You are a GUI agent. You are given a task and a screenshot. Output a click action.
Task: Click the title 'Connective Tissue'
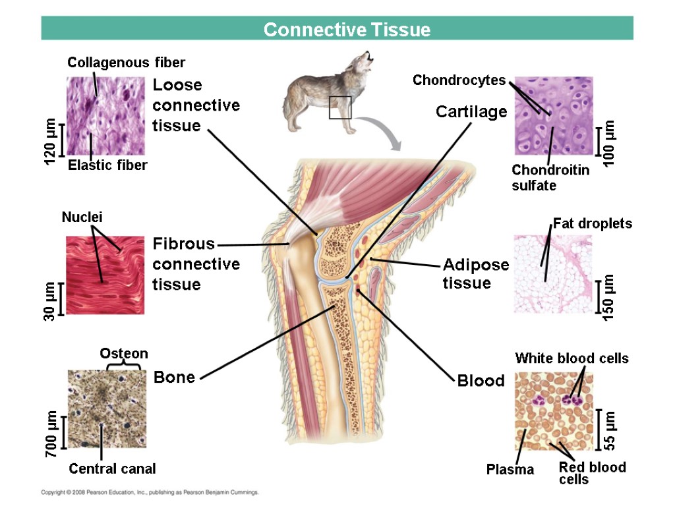(347, 30)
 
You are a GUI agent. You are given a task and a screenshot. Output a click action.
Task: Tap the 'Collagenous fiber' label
(127, 63)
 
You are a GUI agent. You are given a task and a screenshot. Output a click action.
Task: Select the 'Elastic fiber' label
(107, 165)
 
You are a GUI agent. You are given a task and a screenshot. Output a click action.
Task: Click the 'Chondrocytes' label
(459, 80)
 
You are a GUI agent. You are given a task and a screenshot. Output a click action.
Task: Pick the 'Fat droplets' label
(592, 223)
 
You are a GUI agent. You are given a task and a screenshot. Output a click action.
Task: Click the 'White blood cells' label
(572, 358)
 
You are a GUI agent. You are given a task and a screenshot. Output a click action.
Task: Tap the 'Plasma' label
(510, 470)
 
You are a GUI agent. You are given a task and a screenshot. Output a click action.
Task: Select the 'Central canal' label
(112, 469)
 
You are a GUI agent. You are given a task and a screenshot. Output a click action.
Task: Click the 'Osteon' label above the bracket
(124, 354)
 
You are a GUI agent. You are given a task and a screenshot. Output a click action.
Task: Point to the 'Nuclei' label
(82, 217)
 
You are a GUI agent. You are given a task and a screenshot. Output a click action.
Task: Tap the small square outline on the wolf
(340, 107)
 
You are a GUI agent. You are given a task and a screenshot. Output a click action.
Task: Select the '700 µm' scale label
(51, 433)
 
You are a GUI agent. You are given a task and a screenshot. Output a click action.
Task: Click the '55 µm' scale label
(610, 430)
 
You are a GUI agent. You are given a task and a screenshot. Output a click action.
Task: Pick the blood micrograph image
(554, 411)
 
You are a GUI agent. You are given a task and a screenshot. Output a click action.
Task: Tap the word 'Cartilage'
(471, 112)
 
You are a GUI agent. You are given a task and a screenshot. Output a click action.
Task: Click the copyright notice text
(150, 492)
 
